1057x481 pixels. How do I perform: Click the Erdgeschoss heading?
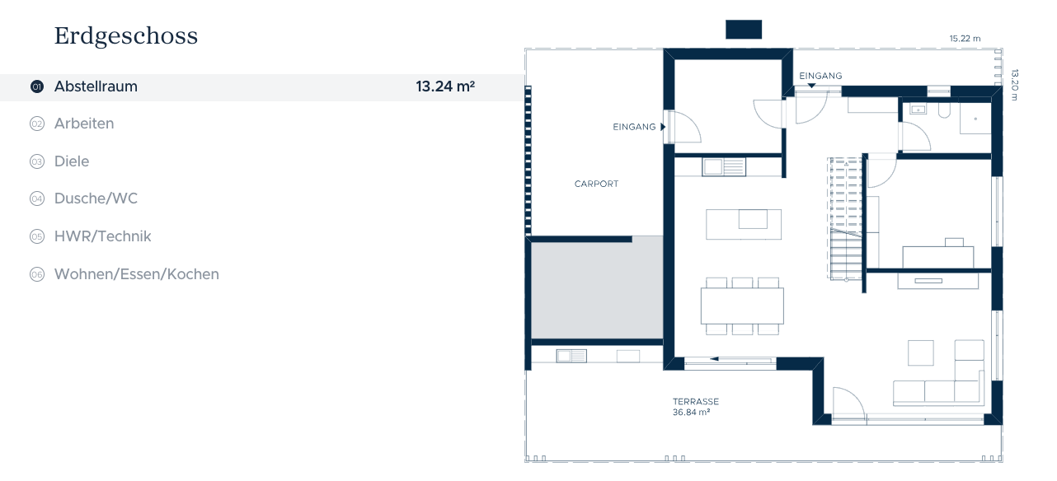126,36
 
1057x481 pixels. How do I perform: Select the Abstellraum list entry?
96,86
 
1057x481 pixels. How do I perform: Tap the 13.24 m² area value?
445,86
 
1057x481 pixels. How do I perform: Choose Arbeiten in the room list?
84,124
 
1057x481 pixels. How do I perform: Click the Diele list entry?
72,161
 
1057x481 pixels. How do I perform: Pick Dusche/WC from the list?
96,198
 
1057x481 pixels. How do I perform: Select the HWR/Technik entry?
102,236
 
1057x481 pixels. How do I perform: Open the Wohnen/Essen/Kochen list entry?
136,274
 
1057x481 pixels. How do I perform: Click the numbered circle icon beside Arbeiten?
37,124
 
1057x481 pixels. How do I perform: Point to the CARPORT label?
596,184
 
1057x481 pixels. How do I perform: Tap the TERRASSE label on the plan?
696,402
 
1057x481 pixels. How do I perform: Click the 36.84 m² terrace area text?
691,412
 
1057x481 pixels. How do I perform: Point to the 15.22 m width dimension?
965,39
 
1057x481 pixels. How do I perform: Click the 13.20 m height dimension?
1015,85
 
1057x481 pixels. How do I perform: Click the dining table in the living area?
742,306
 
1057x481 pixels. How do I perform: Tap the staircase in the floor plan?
846,219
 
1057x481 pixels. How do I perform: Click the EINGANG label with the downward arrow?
820,76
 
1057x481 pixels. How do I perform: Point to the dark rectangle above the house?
744,29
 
